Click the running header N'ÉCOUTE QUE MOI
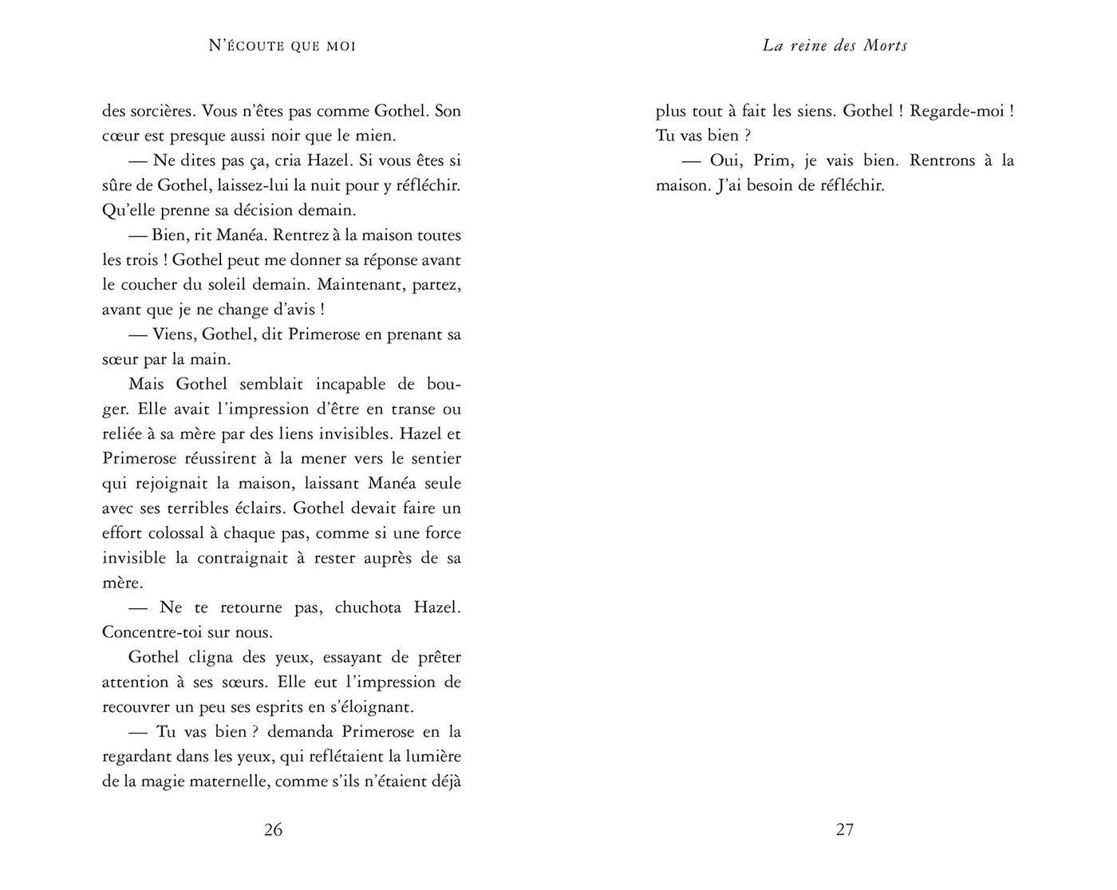[282, 46]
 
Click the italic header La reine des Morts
[835, 46]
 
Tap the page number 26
[273, 830]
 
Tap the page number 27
[845, 830]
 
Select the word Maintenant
[359, 285]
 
